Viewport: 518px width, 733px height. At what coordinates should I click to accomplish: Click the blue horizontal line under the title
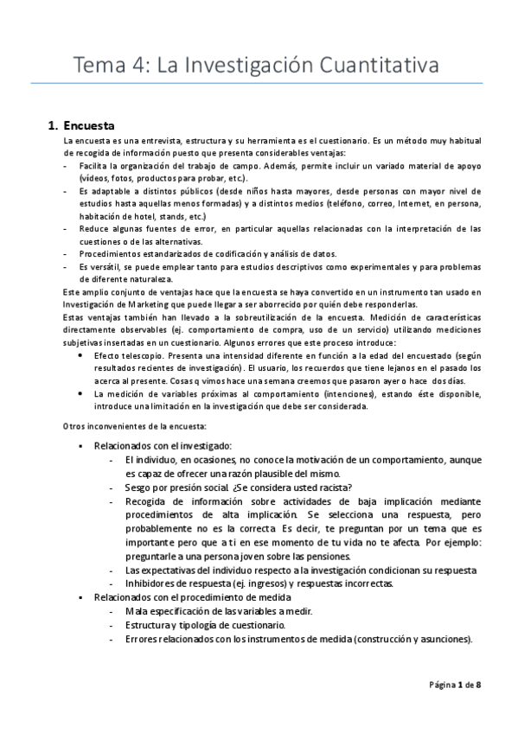click(x=259, y=84)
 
